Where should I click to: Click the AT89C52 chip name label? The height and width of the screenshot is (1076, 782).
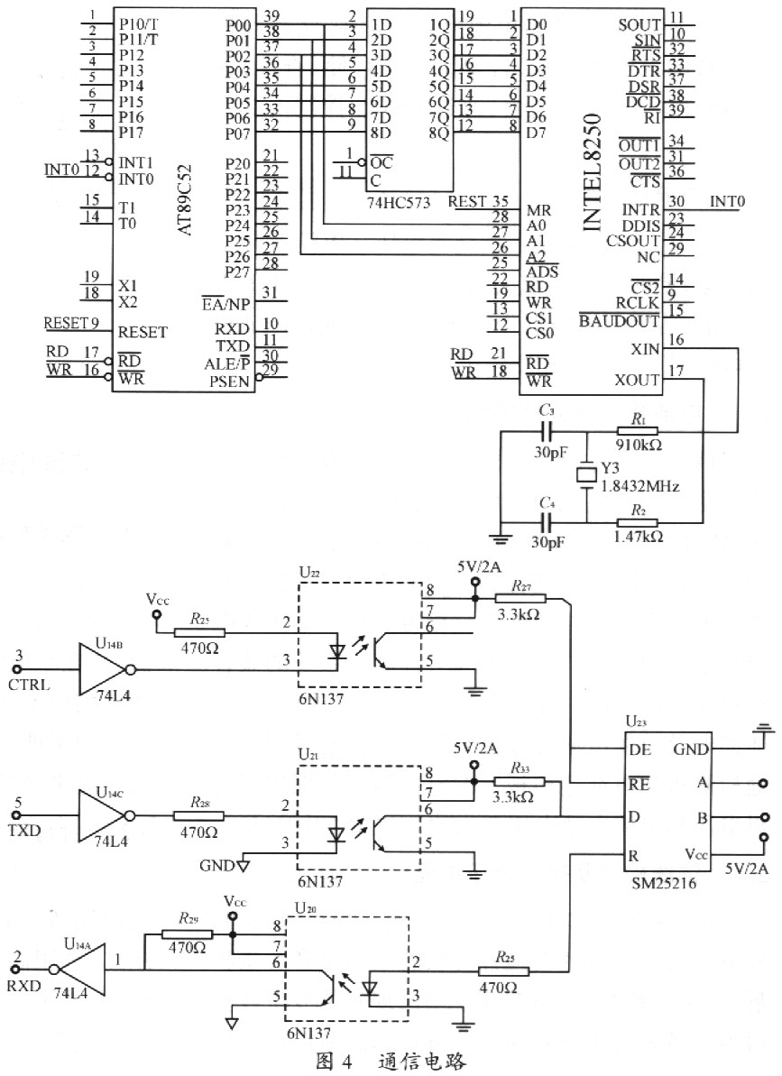[186, 199]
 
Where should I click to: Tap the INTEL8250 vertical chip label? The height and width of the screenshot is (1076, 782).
[592, 171]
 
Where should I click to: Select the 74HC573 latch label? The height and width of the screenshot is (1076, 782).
[398, 202]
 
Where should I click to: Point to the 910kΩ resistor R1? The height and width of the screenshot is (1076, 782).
[638, 432]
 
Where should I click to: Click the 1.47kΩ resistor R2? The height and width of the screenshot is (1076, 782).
[638, 522]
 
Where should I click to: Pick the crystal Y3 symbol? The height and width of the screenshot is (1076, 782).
[587, 475]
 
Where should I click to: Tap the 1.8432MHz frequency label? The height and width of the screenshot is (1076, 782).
[640, 486]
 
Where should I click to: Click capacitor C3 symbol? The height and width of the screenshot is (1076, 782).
[547, 432]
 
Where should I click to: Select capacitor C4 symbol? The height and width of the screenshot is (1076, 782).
[547, 522]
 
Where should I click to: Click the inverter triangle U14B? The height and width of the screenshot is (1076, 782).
[103, 669]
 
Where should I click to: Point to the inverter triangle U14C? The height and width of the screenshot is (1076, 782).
[102, 815]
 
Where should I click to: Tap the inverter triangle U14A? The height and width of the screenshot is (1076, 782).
[82, 969]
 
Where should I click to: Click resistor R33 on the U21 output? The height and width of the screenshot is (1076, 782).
[520, 781]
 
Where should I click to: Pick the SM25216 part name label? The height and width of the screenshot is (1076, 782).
[663, 883]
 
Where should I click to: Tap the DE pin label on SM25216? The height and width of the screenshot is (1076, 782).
[639, 750]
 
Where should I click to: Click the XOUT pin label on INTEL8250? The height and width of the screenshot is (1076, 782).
[637, 380]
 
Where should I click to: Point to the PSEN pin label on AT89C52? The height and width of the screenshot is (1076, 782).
[229, 382]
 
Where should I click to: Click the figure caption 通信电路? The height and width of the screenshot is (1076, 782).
[422, 1061]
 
